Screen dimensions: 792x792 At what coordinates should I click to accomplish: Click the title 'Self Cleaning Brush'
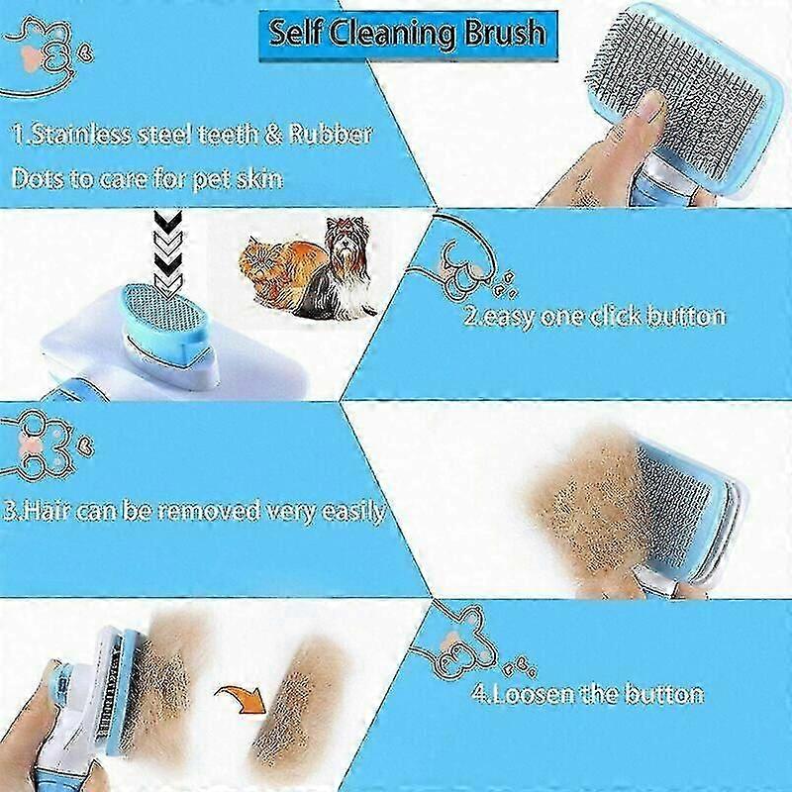point(407,34)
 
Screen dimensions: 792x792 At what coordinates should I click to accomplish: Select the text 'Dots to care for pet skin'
point(147,179)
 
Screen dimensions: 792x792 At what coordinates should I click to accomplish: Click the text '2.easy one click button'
point(595,316)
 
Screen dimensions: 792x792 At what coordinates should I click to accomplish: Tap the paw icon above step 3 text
point(46,445)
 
